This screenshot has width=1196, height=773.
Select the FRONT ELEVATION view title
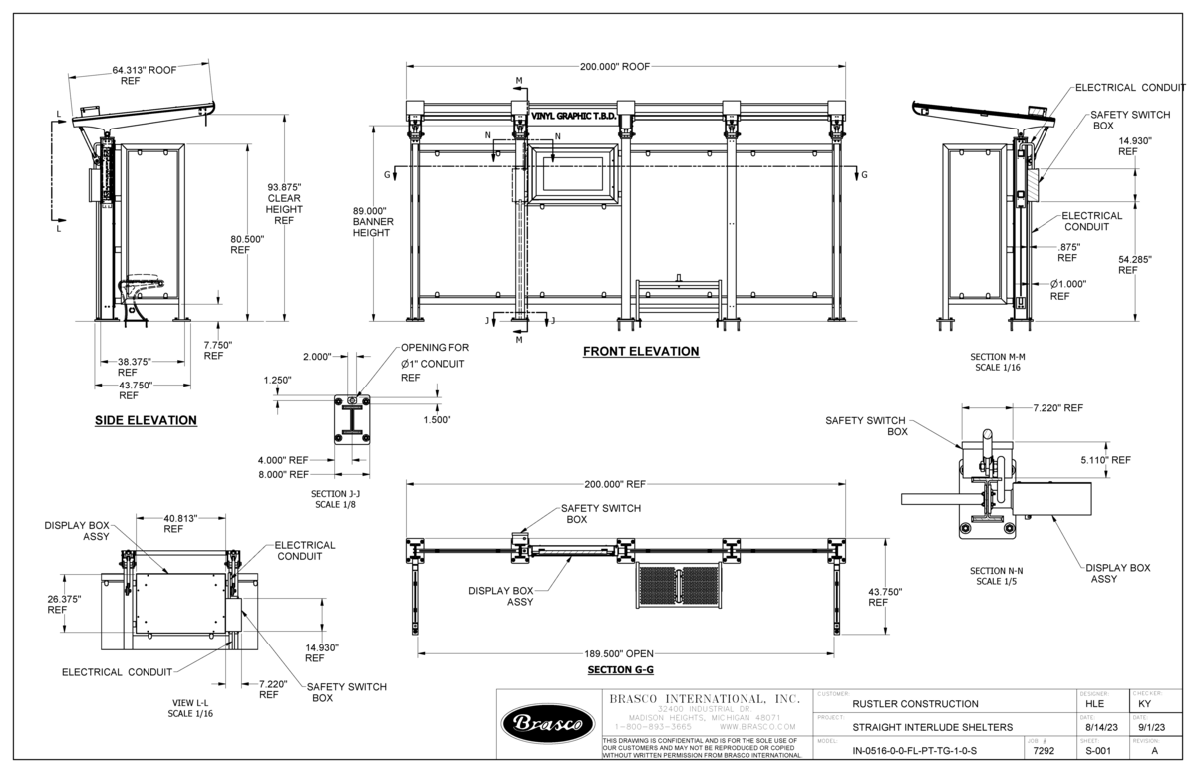(x=641, y=351)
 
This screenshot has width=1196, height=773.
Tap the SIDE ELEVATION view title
(x=146, y=420)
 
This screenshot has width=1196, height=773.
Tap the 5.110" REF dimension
(x=1105, y=460)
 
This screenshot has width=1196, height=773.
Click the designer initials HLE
(x=1098, y=704)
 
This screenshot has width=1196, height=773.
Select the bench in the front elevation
(x=678, y=294)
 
